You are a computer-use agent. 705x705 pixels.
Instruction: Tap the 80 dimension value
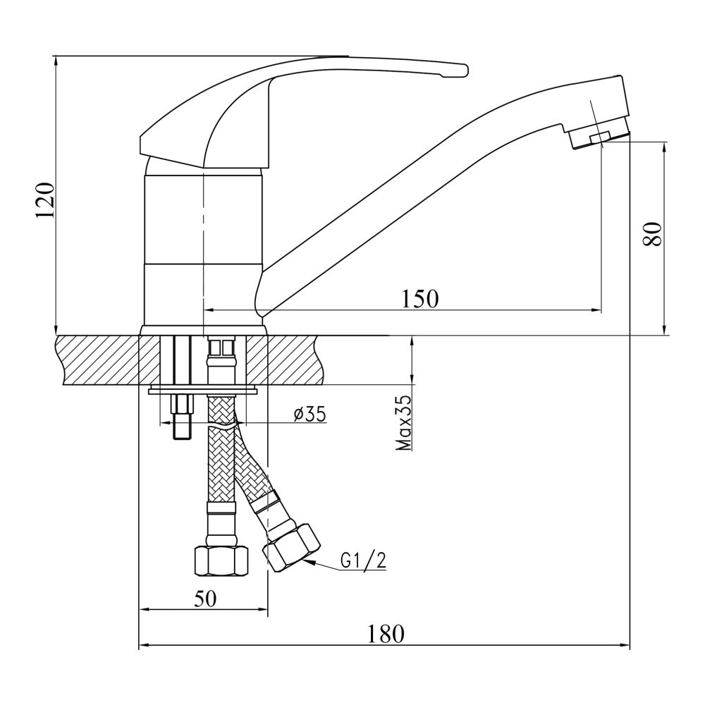coord(654,233)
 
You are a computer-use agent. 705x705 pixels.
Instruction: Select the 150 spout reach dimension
coord(420,299)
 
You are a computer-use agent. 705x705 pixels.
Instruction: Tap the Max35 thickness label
coord(403,423)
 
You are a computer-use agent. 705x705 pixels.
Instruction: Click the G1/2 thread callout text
coord(364,560)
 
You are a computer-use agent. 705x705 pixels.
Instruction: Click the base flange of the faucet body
coord(204,330)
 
